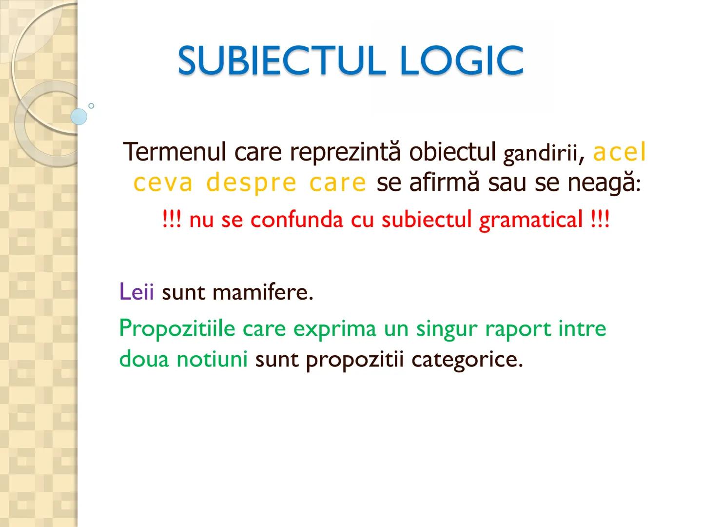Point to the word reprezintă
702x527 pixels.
346,152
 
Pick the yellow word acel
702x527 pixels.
620,153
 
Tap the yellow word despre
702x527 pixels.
251,183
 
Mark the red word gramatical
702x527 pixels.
530,220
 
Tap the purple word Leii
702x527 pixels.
136,292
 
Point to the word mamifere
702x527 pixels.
263,293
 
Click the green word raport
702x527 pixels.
518,329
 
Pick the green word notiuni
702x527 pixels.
212,360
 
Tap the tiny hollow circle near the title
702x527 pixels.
91,105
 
